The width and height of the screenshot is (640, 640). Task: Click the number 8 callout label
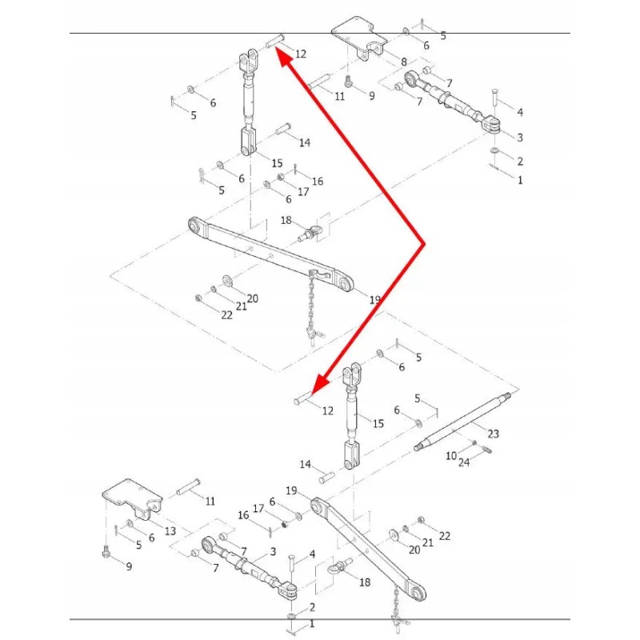404,62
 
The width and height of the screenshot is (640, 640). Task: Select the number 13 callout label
170,531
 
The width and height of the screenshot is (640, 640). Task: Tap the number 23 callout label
493,434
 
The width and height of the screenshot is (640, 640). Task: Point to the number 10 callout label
451,455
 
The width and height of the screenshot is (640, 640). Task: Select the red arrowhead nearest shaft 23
318,386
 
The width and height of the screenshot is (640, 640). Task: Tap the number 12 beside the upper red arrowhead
300,54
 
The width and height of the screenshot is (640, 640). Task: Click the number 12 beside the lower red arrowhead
328,410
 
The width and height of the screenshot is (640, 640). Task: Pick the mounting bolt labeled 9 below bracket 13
106,552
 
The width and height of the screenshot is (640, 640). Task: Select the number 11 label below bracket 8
339,96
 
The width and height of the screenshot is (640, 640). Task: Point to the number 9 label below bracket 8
371,96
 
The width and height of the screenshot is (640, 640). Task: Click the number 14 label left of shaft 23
305,465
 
